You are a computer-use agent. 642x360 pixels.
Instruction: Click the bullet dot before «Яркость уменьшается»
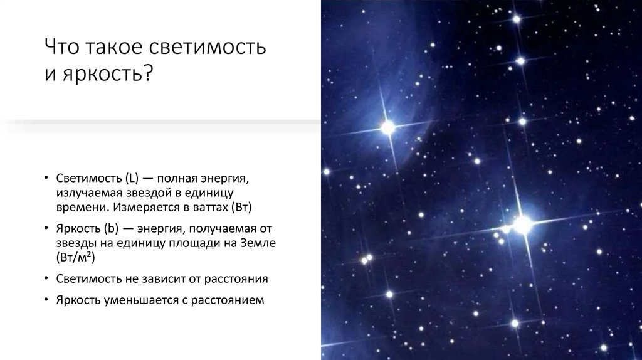tap(47, 300)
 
